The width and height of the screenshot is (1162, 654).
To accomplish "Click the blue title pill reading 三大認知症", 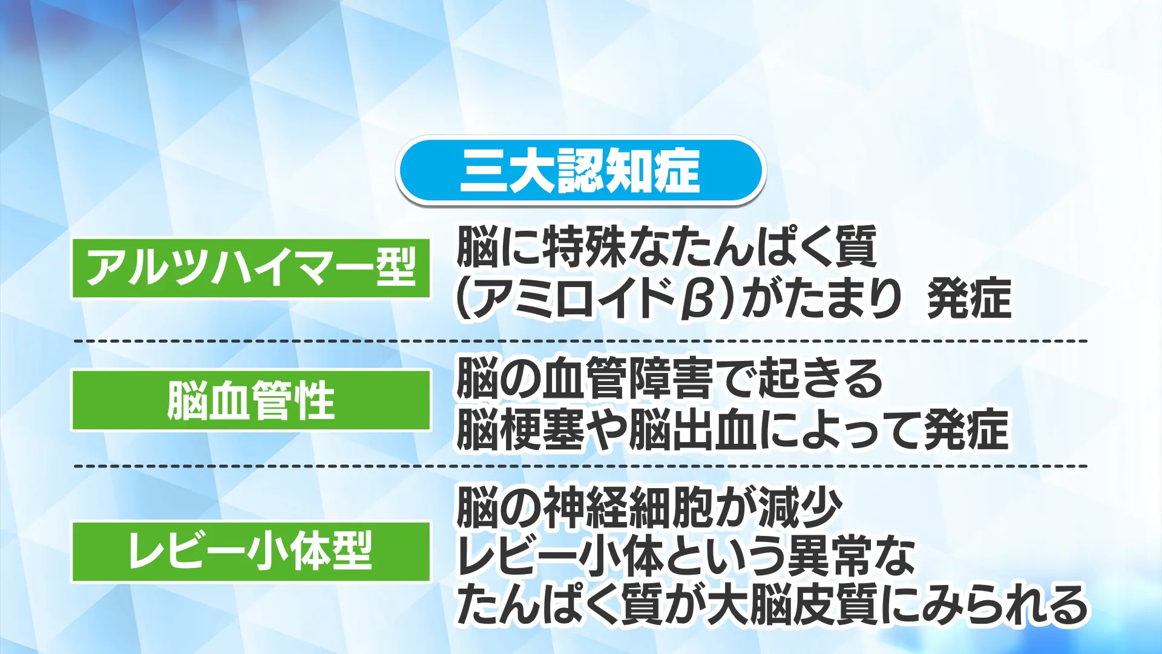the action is pyautogui.click(x=581, y=170).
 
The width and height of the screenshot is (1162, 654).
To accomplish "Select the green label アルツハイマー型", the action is pyautogui.click(x=251, y=268).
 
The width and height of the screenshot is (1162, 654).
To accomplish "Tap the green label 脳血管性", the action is pyautogui.click(x=251, y=400).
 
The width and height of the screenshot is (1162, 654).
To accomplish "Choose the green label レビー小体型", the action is pyautogui.click(x=251, y=552).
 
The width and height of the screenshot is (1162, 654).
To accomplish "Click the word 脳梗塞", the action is pyautogui.click(x=520, y=429).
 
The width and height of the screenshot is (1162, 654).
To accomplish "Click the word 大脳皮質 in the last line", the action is pyautogui.click(x=793, y=605).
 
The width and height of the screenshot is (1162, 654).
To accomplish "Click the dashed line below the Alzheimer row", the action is pyautogui.click(x=580, y=342).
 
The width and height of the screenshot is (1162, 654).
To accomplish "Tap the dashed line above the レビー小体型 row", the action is pyautogui.click(x=580, y=467).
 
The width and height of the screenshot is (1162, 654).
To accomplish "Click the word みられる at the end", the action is pyautogui.click(x=1004, y=605).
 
